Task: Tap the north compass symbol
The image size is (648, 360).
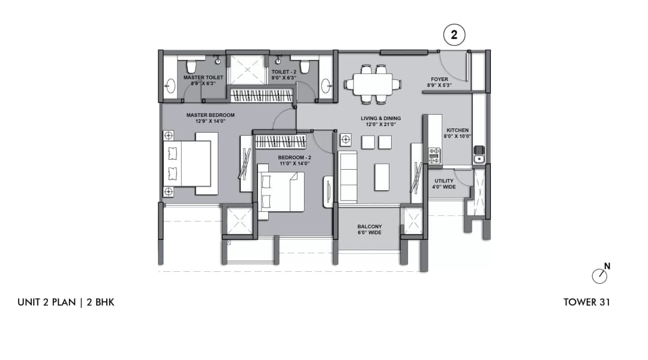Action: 599,275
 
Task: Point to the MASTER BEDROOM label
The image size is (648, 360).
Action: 210,118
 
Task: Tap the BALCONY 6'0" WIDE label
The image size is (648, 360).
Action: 370,230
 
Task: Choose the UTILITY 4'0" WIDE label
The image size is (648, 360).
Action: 444,184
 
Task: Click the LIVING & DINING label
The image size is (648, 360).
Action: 380,122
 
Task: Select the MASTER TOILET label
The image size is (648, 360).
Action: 203,80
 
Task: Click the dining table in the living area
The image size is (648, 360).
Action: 373,84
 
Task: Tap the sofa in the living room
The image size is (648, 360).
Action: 347,177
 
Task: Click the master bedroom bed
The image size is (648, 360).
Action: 190,163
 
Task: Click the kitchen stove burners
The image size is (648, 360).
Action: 434,155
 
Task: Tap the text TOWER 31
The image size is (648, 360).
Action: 586,302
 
